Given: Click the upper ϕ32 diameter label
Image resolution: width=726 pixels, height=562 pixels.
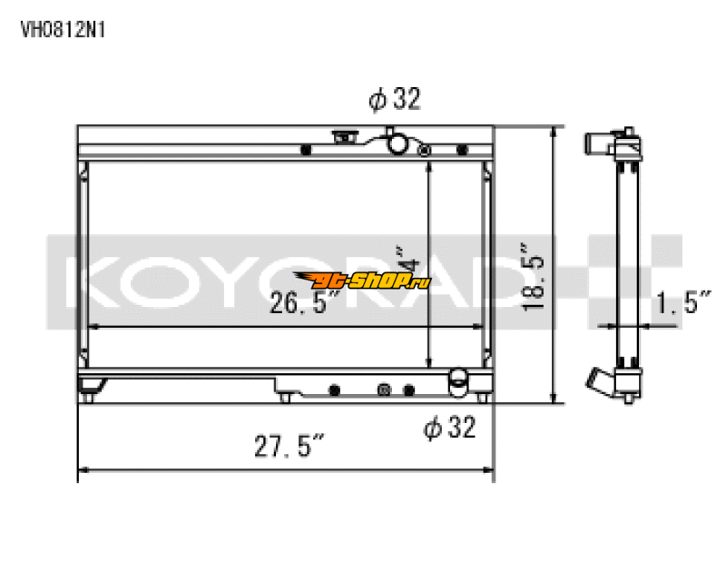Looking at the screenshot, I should coord(395,100).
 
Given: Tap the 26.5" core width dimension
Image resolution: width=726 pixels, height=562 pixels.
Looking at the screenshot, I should coord(304,304).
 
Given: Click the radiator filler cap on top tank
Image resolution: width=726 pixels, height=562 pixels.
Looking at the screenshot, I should coord(345,138).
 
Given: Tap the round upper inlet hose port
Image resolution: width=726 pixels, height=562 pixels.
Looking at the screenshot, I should coord(397,143).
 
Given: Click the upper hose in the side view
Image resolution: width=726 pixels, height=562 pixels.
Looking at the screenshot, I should coord(599,143).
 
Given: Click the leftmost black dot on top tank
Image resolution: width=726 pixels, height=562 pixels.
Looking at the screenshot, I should coord(306,149).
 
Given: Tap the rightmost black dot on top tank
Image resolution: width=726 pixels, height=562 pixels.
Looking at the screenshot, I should coord(463,148).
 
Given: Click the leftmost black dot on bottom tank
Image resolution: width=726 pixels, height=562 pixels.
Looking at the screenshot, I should coord(334,389).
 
